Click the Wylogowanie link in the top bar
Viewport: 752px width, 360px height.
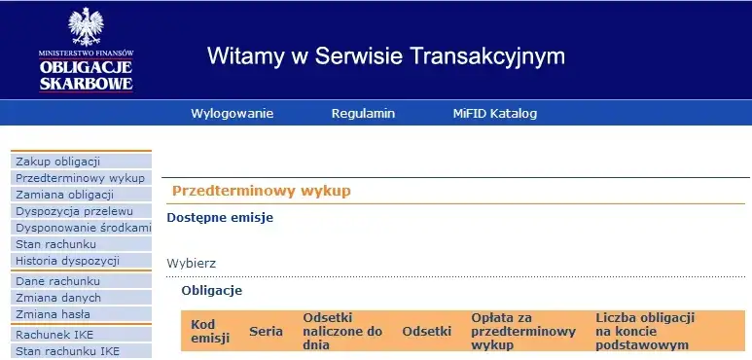click(x=232, y=114)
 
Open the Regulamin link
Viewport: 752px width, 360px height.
click(x=363, y=114)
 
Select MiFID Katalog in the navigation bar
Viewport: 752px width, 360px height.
click(x=494, y=114)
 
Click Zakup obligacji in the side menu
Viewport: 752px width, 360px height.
click(x=58, y=162)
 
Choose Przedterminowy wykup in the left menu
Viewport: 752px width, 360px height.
click(x=80, y=178)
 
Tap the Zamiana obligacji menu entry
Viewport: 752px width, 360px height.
click(x=66, y=195)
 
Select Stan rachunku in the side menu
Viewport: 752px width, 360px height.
click(x=56, y=244)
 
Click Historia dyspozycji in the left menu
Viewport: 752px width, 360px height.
click(x=67, y=261)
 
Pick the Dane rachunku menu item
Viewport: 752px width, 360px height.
click(x=57, y=281)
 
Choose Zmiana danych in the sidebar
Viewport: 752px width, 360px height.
click(x=56, y=298)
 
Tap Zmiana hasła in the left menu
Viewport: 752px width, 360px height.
click(x=53, y=314)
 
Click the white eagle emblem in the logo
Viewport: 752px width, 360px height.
click(x=87, y=26)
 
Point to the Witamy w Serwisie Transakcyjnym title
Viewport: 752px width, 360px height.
click(x=385, y=55)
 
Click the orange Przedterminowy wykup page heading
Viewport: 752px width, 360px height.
click(x=261, y=192)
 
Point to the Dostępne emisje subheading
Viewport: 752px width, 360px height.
click(x=220, y=217)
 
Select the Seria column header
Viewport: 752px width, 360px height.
click(x=266, y=331)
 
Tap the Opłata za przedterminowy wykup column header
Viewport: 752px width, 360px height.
click(x=523, y=331)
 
